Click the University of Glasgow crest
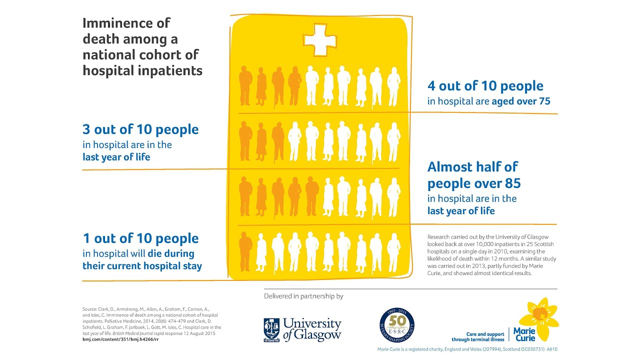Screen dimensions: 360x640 [271, 329]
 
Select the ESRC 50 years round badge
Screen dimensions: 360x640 [396, 324]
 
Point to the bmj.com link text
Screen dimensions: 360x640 [120, 339]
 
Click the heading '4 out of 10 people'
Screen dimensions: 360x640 [485, 86]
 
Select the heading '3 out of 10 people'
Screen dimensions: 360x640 [140, 129]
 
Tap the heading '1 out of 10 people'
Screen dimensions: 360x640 [140, 238]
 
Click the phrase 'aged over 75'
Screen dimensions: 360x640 [521, 101]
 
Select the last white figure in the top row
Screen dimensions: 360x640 [393, 86]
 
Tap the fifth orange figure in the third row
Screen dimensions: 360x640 [312, 196]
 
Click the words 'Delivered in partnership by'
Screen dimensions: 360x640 [303, 296]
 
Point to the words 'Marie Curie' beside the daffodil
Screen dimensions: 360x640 [524, 334]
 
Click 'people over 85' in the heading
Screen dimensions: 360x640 [474, 183]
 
